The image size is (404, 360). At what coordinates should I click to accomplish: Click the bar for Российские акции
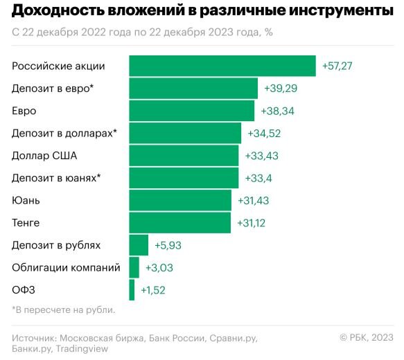[222, 66]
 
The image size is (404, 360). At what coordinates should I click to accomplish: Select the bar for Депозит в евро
[193, 88]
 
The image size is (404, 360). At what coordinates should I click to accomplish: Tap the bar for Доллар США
[184, 155]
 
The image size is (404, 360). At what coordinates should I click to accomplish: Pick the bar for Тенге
[179, 222]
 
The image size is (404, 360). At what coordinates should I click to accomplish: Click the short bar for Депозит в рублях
[139, 245]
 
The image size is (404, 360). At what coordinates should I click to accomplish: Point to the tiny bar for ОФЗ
[132, 289]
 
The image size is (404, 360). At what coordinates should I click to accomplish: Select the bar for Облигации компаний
[134, 267]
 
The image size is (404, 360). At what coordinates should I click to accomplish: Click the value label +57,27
[338, 66]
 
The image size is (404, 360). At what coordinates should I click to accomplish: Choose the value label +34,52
[263, 133]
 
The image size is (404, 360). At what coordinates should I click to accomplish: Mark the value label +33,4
[258, 178]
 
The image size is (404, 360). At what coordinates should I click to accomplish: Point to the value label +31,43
[254, 200]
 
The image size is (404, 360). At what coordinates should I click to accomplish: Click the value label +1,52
[153, 289]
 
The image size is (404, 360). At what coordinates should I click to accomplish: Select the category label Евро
[24, 111]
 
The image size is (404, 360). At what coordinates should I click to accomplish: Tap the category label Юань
[26, 200]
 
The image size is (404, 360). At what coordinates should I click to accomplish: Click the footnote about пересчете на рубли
[63, 309]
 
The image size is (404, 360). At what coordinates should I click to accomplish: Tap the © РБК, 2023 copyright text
[366, 336]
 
